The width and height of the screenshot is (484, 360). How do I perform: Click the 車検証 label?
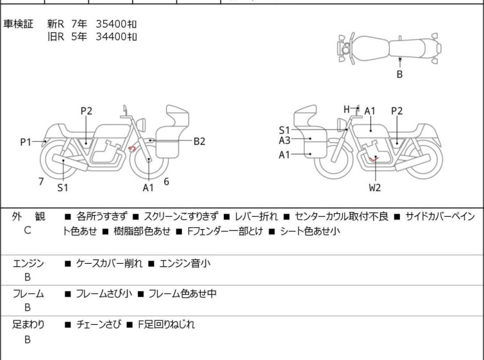(18, 24)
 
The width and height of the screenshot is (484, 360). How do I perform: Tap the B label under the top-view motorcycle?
(399, 74)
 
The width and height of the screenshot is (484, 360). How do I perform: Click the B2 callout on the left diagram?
(199, 141)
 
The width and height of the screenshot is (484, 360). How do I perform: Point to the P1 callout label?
(26, 142)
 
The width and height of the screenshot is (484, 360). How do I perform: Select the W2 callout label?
(375, 187)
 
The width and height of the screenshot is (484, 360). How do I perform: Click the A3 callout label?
(285, 141)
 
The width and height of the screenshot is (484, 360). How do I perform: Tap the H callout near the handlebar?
(347, 109)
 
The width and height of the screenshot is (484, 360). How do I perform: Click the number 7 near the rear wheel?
(41, 182)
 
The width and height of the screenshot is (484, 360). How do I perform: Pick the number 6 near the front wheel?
(167, 182)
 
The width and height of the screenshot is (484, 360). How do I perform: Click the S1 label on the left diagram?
(63, 187)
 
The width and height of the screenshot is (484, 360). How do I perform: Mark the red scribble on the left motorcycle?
(132, 149)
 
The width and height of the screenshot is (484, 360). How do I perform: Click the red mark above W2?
(374, 159)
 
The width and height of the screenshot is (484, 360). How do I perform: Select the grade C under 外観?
(28, 230)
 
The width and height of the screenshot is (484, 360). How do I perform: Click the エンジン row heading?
(28, 263)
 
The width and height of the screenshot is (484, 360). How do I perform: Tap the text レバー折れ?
(256, 216)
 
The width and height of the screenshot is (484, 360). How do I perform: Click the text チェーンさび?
(99, 324)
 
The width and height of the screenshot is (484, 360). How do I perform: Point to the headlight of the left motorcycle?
(142, 124)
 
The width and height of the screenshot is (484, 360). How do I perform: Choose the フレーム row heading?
(28, 293)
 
